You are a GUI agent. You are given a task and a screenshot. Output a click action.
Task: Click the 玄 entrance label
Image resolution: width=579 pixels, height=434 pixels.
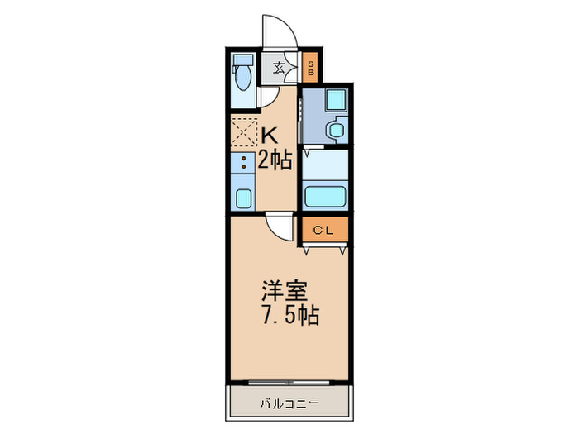coord(280,69)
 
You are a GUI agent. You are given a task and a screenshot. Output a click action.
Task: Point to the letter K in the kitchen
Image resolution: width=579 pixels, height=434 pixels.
coord(270,132)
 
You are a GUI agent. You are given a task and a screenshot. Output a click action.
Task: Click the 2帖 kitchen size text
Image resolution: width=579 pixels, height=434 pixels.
coord(275,160)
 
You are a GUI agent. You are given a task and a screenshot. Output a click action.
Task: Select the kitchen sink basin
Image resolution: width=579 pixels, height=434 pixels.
coord(243,198)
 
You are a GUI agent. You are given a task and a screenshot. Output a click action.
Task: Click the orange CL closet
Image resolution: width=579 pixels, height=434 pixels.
coord(323,231)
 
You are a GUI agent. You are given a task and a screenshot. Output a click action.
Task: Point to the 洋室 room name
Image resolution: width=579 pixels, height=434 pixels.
coord(285,290)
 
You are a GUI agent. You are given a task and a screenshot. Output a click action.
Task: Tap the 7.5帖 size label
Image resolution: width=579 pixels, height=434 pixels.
coord(289,315)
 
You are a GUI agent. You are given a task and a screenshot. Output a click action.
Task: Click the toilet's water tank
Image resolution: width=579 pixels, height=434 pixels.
coord(244,60)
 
